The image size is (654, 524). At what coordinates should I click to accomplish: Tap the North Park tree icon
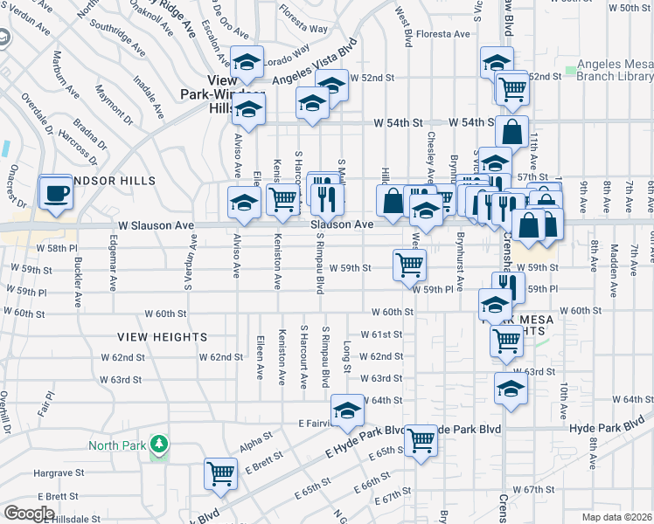158,445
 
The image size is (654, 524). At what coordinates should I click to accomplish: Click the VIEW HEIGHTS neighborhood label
163,336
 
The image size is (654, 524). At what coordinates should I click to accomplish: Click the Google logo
29,513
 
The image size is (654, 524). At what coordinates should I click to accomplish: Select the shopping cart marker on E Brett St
220,472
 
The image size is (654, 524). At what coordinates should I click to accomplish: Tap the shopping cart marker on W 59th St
409,264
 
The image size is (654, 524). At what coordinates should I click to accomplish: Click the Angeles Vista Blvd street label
315,62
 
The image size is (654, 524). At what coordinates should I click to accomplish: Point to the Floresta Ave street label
443,34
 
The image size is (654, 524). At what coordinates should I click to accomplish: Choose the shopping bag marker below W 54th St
511,131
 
